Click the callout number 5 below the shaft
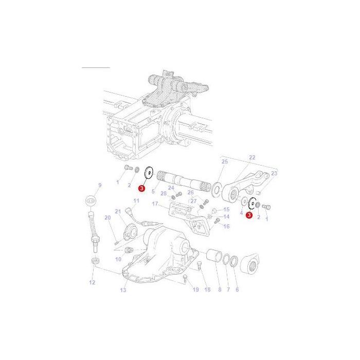(x=153, y=191)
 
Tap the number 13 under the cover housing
(x=123, y=291)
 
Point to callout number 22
(x=252, y=157)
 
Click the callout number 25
(x=224, y=162)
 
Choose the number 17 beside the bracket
(x=154, y=204)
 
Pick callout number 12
(x=92, y=282)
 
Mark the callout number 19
(x=196, y=290)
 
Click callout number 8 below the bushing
(x=220, y=291)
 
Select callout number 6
(x=237, y=291)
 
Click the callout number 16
(x=226, y=226)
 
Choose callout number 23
(x=274, y=174)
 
